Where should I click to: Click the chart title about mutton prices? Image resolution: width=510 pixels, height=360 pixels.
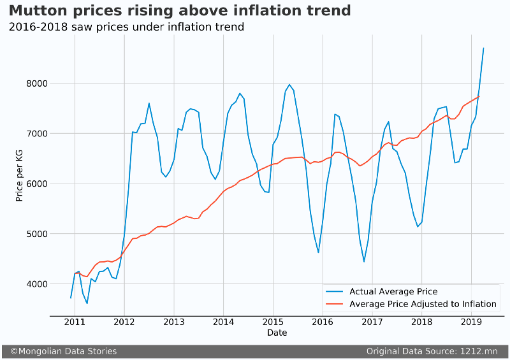point(180,11)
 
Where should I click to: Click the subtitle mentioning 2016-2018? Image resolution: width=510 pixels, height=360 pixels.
point(126,27)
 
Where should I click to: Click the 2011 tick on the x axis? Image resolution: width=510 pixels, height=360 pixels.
point(75,322)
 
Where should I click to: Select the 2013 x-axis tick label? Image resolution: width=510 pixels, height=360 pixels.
point(173,322)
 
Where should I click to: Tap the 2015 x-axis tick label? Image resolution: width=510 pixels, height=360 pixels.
point(273,322)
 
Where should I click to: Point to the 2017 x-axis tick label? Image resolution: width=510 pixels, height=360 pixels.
point(372,322)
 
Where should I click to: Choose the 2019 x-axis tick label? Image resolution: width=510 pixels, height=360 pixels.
point(471,322)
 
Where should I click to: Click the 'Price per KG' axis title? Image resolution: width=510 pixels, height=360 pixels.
point(20,184)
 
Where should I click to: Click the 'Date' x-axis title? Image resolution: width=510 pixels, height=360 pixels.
point(277,333)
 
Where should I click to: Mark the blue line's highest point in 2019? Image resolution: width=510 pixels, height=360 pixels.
point(483,48)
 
